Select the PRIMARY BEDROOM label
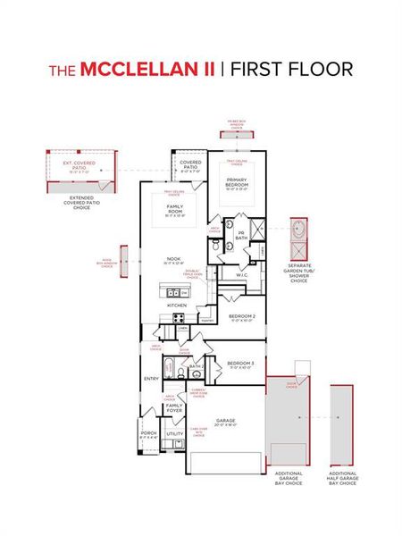237,185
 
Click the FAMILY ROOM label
175,210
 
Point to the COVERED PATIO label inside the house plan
189,165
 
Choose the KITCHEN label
176,305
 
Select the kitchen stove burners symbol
177,317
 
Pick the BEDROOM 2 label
241,318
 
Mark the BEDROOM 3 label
239,364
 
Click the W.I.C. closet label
241,275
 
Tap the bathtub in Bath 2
170,367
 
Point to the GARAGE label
224,420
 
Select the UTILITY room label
174,435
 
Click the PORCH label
148,435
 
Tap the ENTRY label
151,379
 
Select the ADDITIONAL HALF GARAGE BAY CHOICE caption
342,478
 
